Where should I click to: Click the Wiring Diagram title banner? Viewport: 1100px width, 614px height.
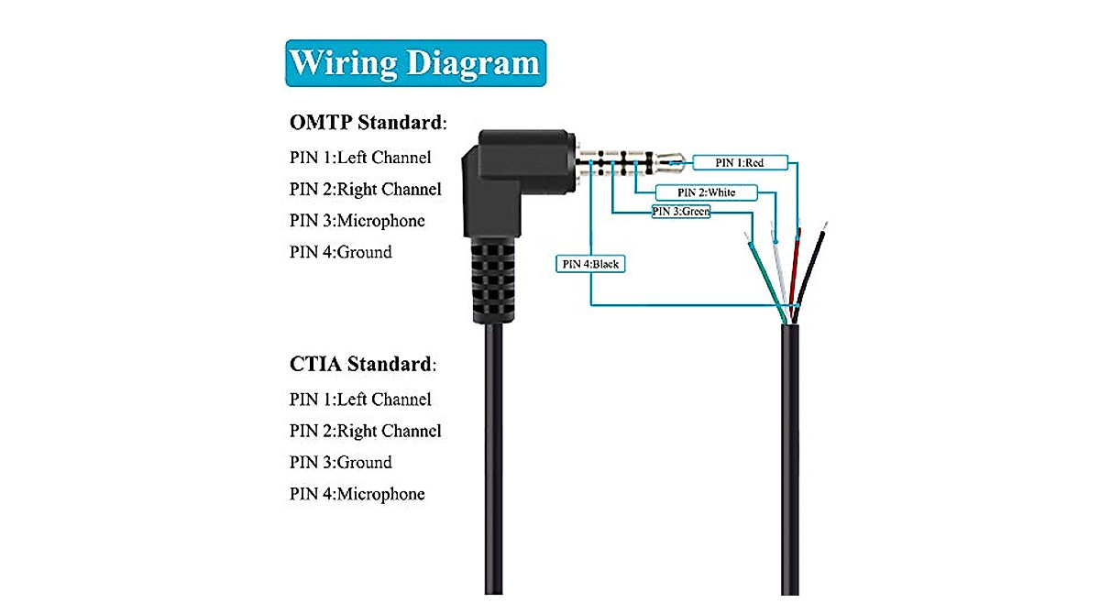415,63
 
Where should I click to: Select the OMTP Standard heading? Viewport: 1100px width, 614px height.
368,123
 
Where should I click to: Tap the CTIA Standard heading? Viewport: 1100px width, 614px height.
362,365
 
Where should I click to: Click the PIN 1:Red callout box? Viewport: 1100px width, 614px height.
739,163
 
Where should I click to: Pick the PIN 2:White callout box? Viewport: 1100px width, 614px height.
705,192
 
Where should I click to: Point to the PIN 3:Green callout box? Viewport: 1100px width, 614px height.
680,212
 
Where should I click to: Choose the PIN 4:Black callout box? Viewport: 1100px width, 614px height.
591,264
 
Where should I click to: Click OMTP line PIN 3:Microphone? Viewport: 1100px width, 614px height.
357,221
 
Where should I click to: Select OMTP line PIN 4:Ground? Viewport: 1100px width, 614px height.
341,252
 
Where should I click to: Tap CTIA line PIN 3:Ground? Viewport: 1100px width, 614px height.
341,463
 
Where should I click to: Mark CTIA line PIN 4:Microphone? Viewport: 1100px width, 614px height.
357,494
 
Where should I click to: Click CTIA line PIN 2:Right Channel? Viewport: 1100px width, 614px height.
366,431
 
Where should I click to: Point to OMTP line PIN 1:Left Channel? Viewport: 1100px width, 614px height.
360,158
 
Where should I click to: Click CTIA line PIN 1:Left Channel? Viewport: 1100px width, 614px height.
360,400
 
